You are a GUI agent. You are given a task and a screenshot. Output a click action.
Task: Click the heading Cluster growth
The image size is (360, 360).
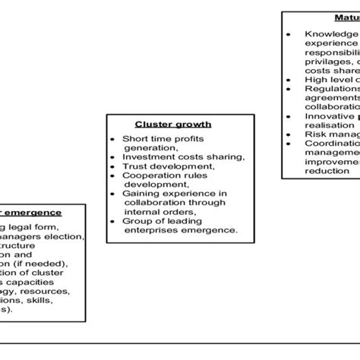172,124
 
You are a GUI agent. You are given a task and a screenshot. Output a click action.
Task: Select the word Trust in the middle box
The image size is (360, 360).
136,165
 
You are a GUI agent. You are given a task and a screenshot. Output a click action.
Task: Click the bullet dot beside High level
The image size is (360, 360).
289,80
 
